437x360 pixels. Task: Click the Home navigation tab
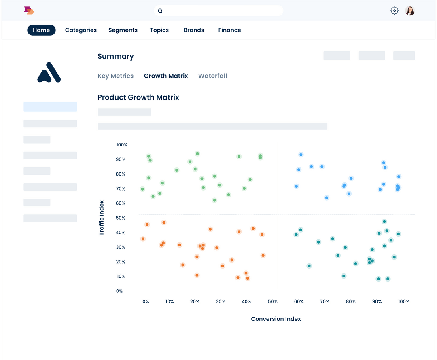pos(41,30)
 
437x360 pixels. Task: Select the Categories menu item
pos(81,30)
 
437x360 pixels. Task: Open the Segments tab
pos(123,30)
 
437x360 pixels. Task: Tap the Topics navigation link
pos(159,30)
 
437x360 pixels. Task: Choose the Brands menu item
pos(194,30)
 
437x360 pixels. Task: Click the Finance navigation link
pos(229,30)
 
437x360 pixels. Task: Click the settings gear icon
pos(395,11)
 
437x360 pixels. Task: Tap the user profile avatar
pos(410,11)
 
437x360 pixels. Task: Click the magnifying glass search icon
pos(160,11)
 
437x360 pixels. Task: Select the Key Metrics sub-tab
pos(115,76)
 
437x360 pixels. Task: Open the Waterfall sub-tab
pos(212,76)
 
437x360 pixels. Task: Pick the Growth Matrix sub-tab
pos(166,76)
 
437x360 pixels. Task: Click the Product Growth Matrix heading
pos(138,97)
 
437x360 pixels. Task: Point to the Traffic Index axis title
pos(102,218)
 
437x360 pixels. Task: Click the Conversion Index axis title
pos(276,319)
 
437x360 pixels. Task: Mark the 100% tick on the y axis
pos(122,145)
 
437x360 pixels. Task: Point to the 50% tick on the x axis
pos(273,301)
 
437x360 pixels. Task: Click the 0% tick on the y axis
pos(119,291)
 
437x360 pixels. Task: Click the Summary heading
pos(116,57)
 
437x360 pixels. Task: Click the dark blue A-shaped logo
pos(49,72)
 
